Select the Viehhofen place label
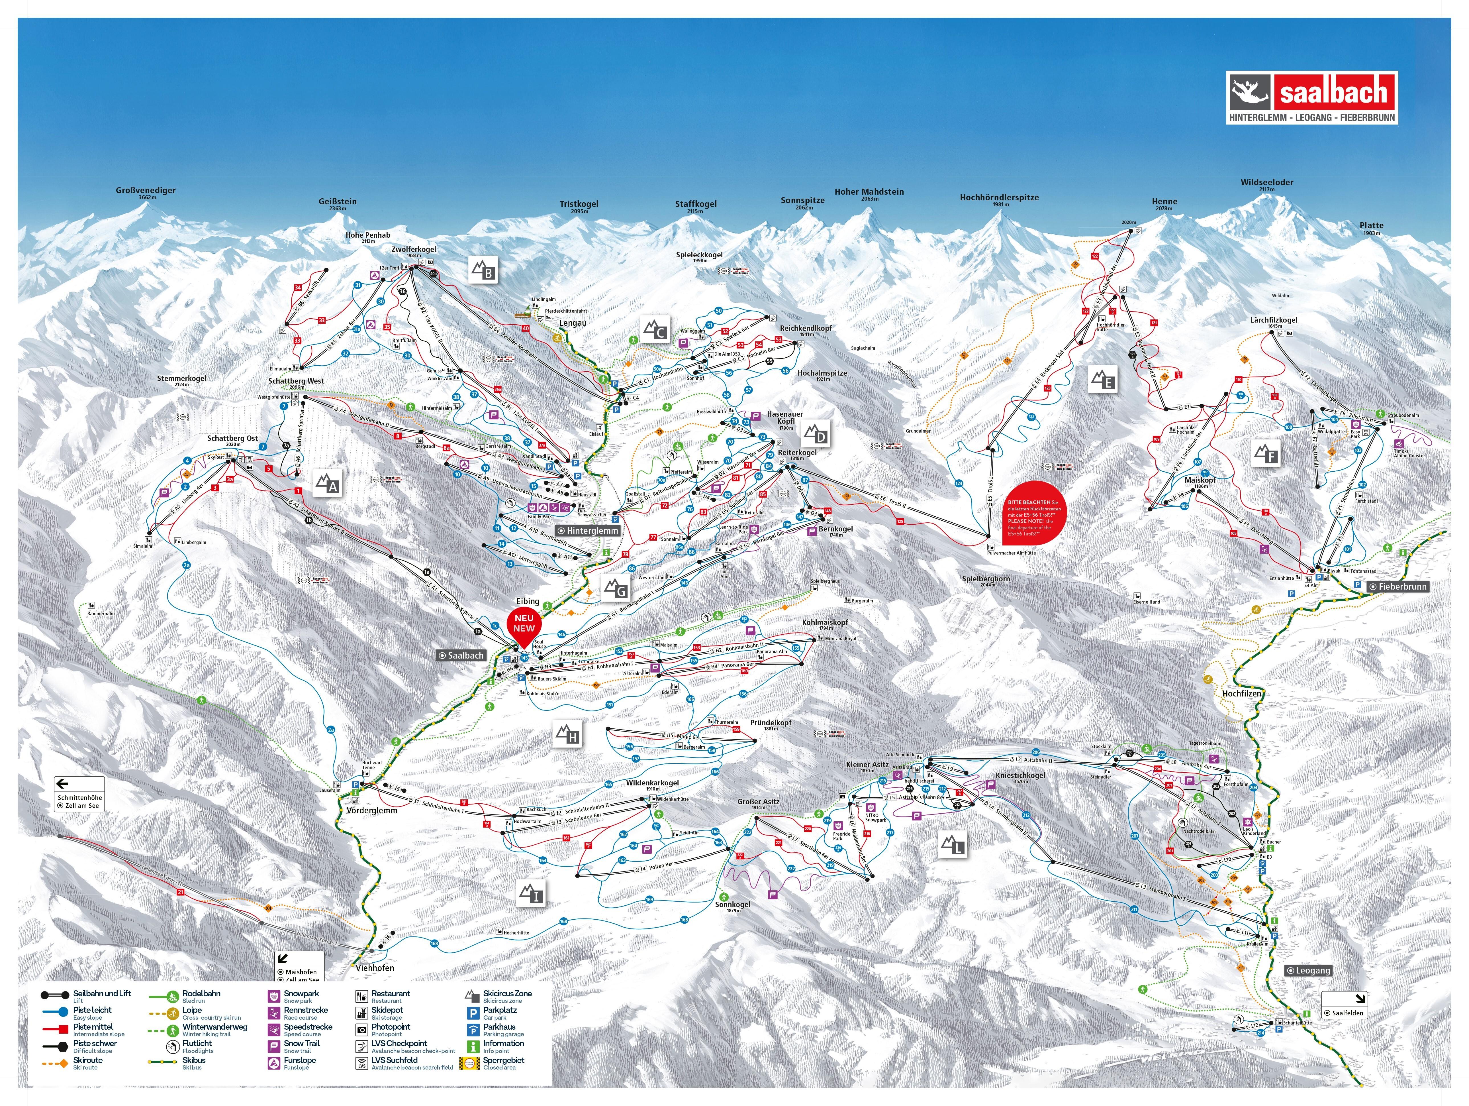tap(375, 968)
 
